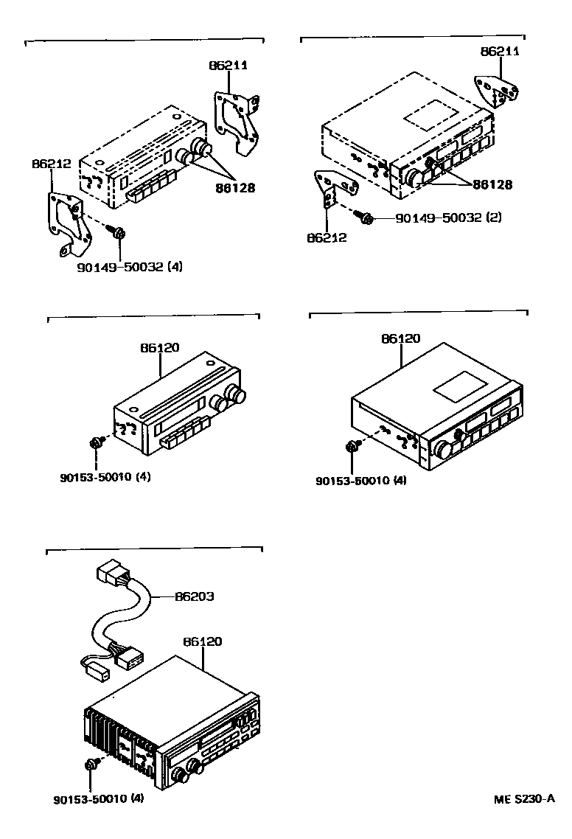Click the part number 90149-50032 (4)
click(129, 266)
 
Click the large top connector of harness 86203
click(115, 574)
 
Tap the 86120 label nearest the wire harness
click(202, 641)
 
